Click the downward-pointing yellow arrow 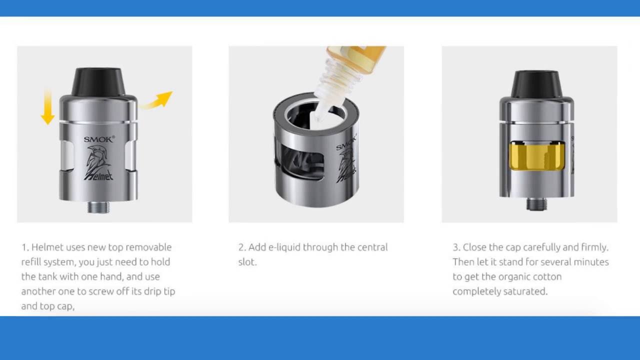pos(47,107)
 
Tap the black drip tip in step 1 pos(98,81)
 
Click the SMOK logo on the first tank pos(99,139)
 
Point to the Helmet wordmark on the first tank pos(98,175)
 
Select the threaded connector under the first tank pos(98,207)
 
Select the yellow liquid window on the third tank pos(534,156)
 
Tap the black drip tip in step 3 pos(536,84)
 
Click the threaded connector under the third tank pos(536,204)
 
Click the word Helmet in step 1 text pos(46,247)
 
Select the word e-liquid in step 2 pos(284,247)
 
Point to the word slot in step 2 pos(247,262)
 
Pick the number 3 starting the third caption pos(456,247)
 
